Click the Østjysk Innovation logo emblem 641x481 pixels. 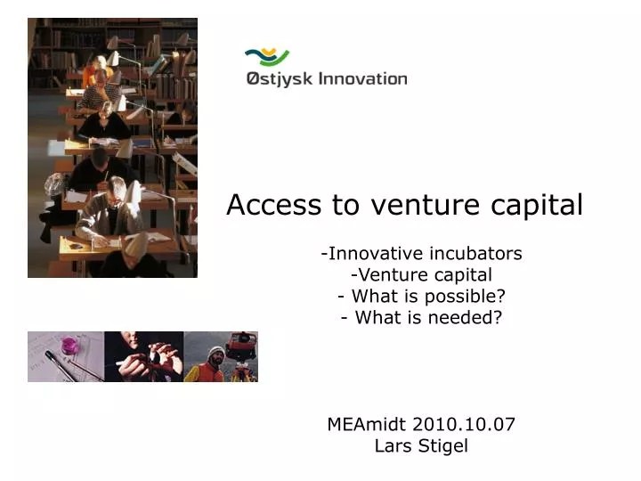coord(267,58)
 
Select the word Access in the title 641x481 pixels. coord(275,205)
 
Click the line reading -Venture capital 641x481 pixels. coord(421,275)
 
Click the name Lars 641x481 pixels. coord(393,446)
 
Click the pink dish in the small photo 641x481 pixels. coord(69,345)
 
